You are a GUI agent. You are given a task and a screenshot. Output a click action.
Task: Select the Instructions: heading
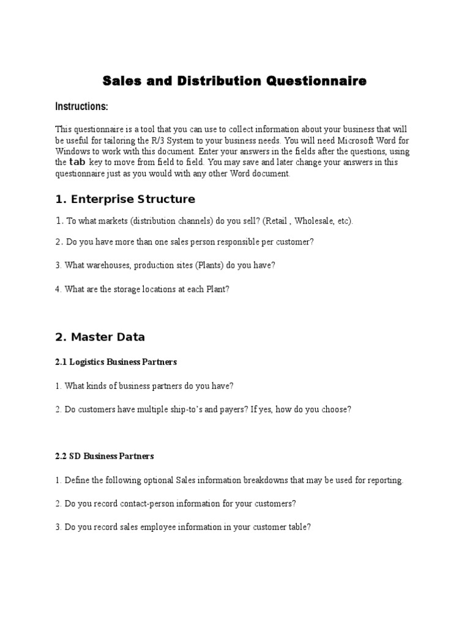coord(81,107)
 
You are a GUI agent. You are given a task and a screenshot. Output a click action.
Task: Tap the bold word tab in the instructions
coord(77,162)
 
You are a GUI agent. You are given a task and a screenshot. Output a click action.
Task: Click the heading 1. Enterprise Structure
coord(125,199)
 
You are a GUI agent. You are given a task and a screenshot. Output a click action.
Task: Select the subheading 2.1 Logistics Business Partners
coord(116,362)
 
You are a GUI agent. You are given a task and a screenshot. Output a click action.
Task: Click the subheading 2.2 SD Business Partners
coord(105,456)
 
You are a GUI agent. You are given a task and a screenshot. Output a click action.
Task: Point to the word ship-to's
coord(187,410)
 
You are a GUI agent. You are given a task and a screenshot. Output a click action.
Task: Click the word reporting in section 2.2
coord(386,481)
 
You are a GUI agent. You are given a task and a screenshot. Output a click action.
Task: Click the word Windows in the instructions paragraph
coord(72,151)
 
